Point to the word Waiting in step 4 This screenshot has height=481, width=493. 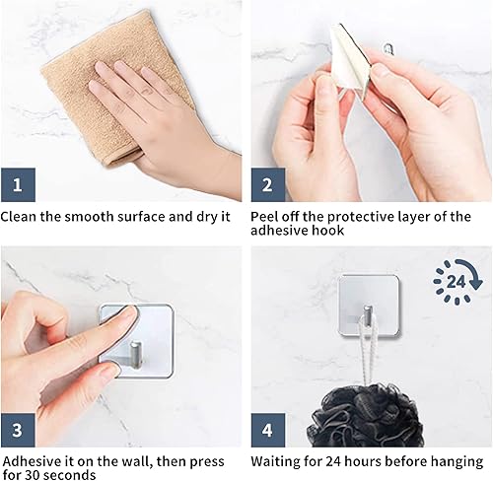[x=280, y=460]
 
